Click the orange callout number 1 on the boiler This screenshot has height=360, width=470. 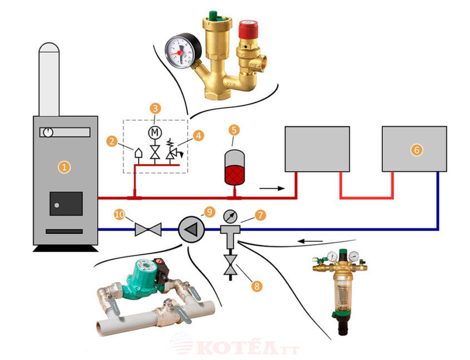coord(64,167)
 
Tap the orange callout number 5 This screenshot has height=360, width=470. coord(234,130)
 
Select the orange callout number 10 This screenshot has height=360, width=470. coord(120,214)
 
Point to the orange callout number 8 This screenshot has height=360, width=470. coord(256,286)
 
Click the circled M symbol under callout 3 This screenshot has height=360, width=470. coord(155,132)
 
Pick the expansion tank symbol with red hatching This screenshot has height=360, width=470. coord(234,167)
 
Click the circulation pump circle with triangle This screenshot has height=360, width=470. coord(191,229)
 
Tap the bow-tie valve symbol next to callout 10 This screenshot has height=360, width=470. coord(148,229)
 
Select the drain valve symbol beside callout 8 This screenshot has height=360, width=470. coord(230,265)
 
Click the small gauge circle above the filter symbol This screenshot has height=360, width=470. coord(230,216)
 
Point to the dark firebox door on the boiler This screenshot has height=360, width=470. coord(66,204)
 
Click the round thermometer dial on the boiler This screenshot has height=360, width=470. coord(48,132)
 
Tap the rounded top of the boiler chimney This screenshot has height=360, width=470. coord(49,48)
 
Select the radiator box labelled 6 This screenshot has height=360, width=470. coord(414,149)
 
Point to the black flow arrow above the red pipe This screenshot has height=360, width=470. coord(272,188)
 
